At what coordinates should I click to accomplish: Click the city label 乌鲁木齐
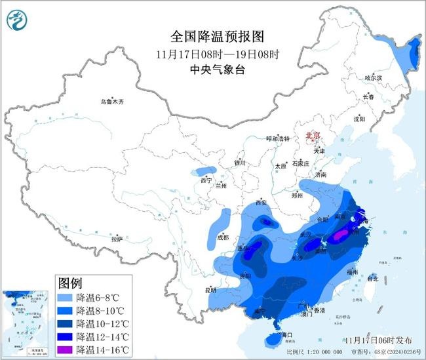(x=111, y=102)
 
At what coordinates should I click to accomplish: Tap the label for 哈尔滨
(x=372, y=77)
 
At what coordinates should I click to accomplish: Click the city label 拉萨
(x=117, y=239)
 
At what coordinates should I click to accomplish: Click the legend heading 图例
(x=69, y=283)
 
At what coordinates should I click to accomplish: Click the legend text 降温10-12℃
(x=102, y=323)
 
